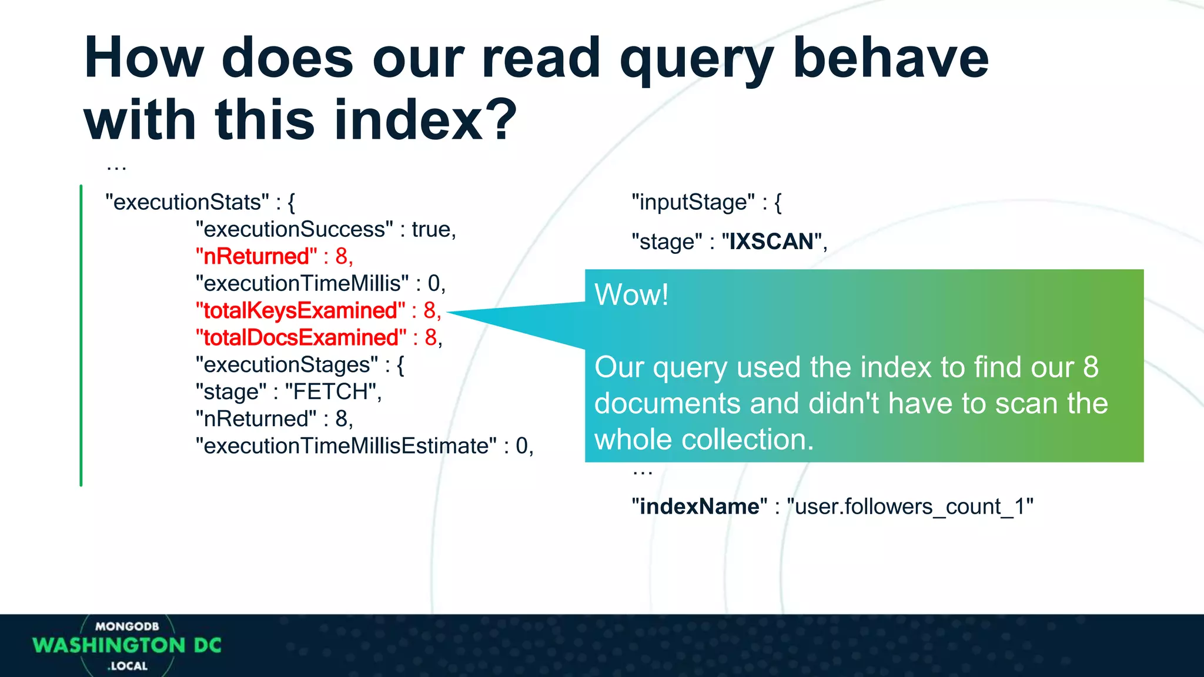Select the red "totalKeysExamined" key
(300, 310)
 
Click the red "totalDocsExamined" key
(301, 337)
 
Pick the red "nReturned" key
(256, 256)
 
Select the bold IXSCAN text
(771, 242)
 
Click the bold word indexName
(699, 506)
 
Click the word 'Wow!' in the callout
(631, 294)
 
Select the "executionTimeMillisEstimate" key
(346, 445)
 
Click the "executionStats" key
(187, 202)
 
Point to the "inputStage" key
(693, 202)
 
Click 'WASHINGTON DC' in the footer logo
(127, 645)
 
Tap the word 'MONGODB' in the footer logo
(127, 626)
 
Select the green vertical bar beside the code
(81, 335)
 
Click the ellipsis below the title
(116, 168)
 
